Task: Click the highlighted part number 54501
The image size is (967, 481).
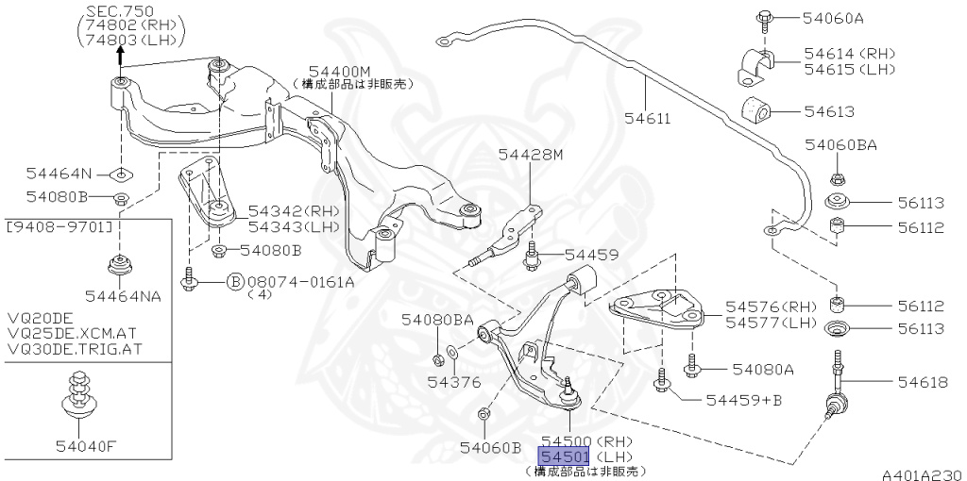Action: point(564,456)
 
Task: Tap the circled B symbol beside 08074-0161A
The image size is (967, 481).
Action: point(235,281)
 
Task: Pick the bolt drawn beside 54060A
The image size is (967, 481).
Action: point(764,18)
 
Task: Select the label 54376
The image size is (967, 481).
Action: point(453,382)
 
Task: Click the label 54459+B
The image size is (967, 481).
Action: point(743,400)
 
